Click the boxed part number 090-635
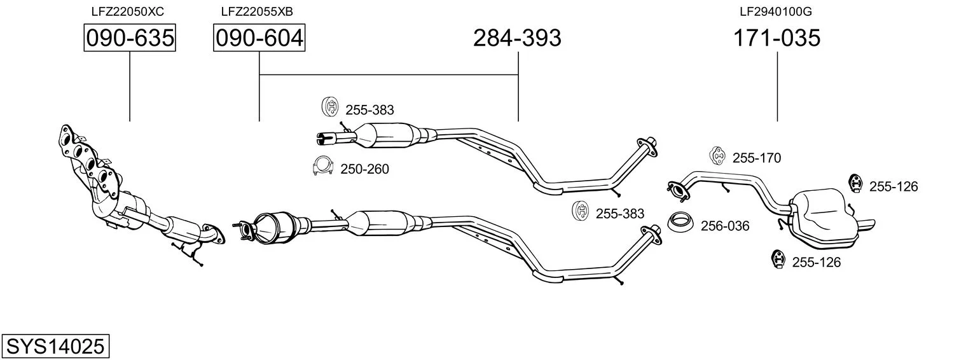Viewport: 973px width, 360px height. point(130,38)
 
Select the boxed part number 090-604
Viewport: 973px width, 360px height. point(259,38)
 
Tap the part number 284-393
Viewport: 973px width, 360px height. point(517,38)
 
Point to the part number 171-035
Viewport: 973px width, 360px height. point(776,38)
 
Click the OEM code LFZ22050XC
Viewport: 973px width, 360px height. point(128,11)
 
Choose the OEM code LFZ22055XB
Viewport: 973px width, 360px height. point(257,11)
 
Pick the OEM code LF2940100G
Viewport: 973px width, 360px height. point(776,11)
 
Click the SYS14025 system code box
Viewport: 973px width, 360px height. point(55,346)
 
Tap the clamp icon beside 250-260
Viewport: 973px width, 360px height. point(322,165)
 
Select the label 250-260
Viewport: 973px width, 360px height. point(364,169)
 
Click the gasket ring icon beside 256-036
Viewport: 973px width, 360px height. point(680,222)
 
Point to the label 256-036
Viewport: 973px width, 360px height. point(725,226)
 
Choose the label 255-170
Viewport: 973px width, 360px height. point(757,158)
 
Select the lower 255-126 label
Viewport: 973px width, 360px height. point(816,262)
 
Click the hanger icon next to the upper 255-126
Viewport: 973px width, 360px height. point(855,183)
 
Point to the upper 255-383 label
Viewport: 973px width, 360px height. point(369,110)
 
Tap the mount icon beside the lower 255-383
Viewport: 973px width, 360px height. point(581,211)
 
